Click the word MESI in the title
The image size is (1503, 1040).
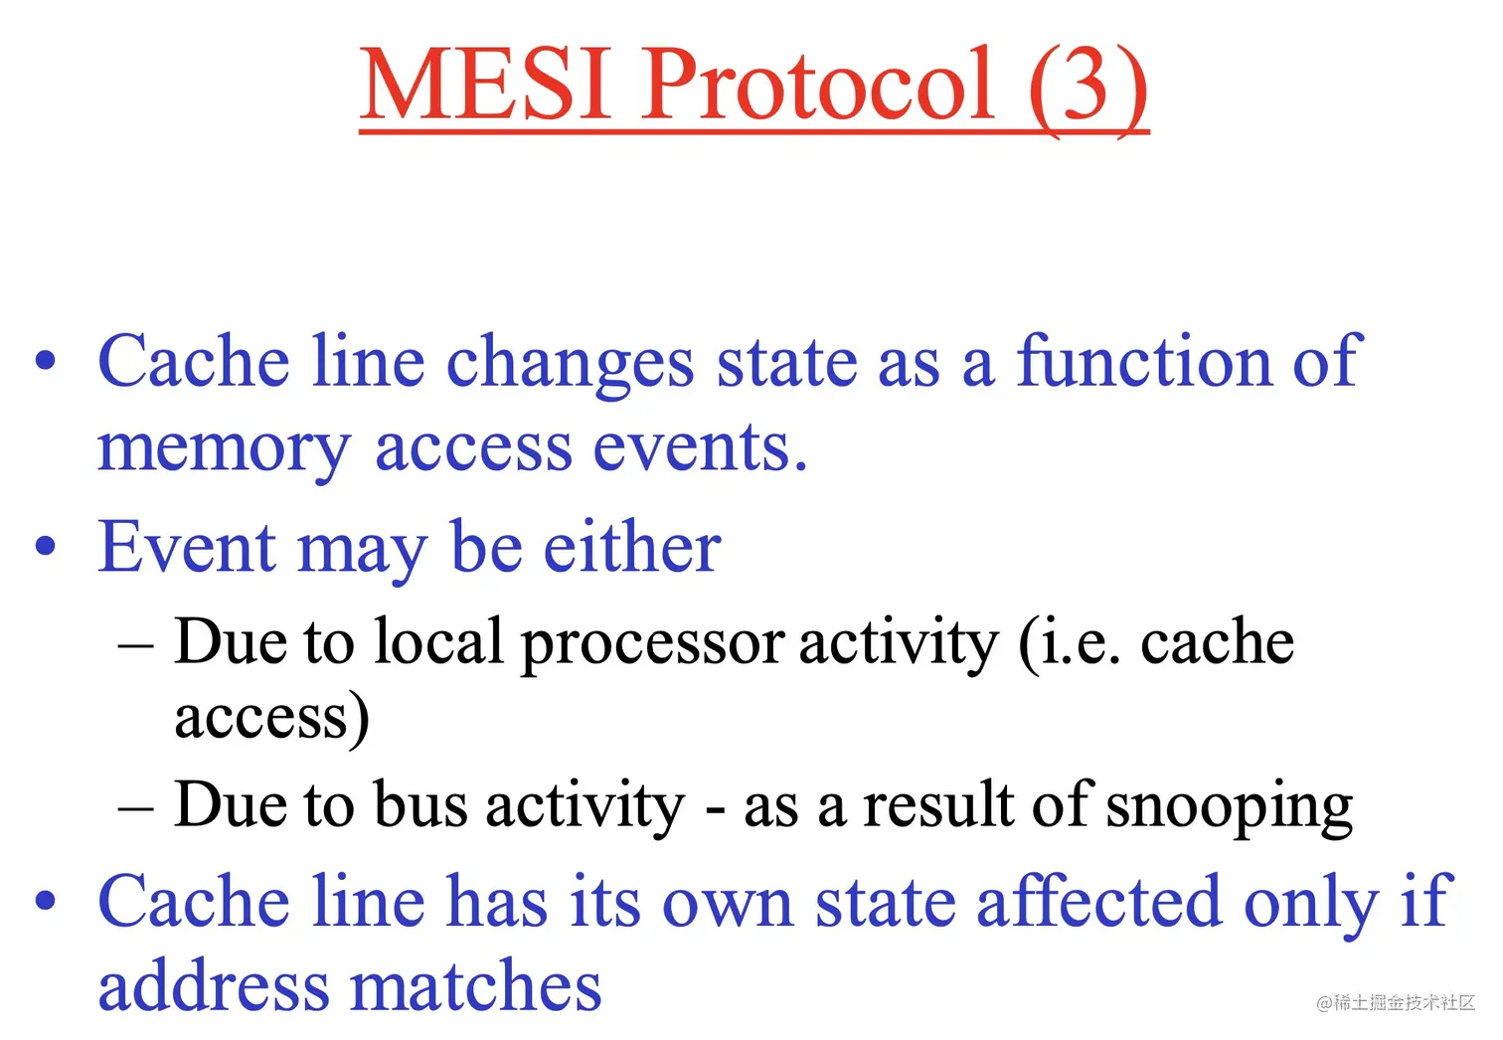click(486, 84)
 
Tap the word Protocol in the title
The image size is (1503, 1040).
click(817, 84)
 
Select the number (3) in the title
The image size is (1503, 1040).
click(1088, 87)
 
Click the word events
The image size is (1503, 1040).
click(700, 446)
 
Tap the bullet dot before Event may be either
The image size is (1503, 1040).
click(45, 546)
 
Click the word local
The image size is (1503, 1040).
click(438, 640)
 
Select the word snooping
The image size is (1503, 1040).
click(1229, 808)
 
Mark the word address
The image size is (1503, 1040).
click(214, 982)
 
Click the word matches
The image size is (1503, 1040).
click(475, 982)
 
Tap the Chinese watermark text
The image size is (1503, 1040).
click(1395, 1003)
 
